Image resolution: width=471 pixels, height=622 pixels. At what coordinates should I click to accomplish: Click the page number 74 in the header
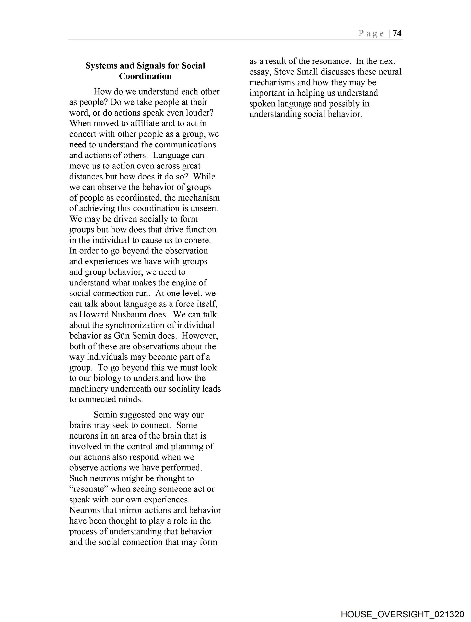coord(397,33)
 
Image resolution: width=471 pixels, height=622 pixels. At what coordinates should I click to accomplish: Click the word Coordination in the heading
coord(145,76)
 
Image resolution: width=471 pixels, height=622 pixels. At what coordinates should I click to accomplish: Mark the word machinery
coord(88,389)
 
